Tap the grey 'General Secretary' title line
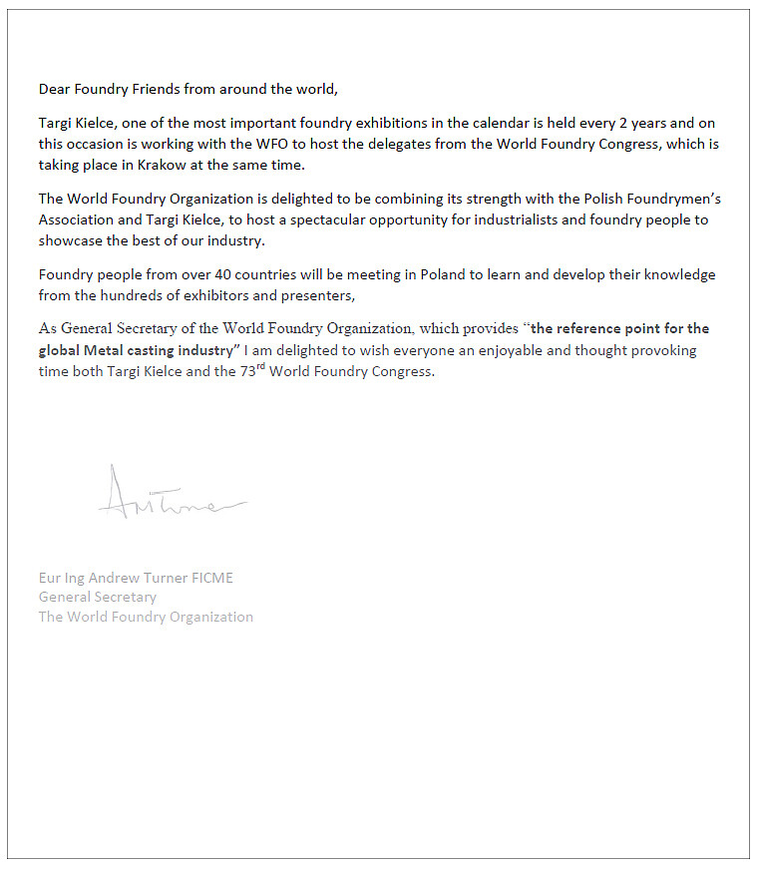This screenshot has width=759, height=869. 98,597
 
